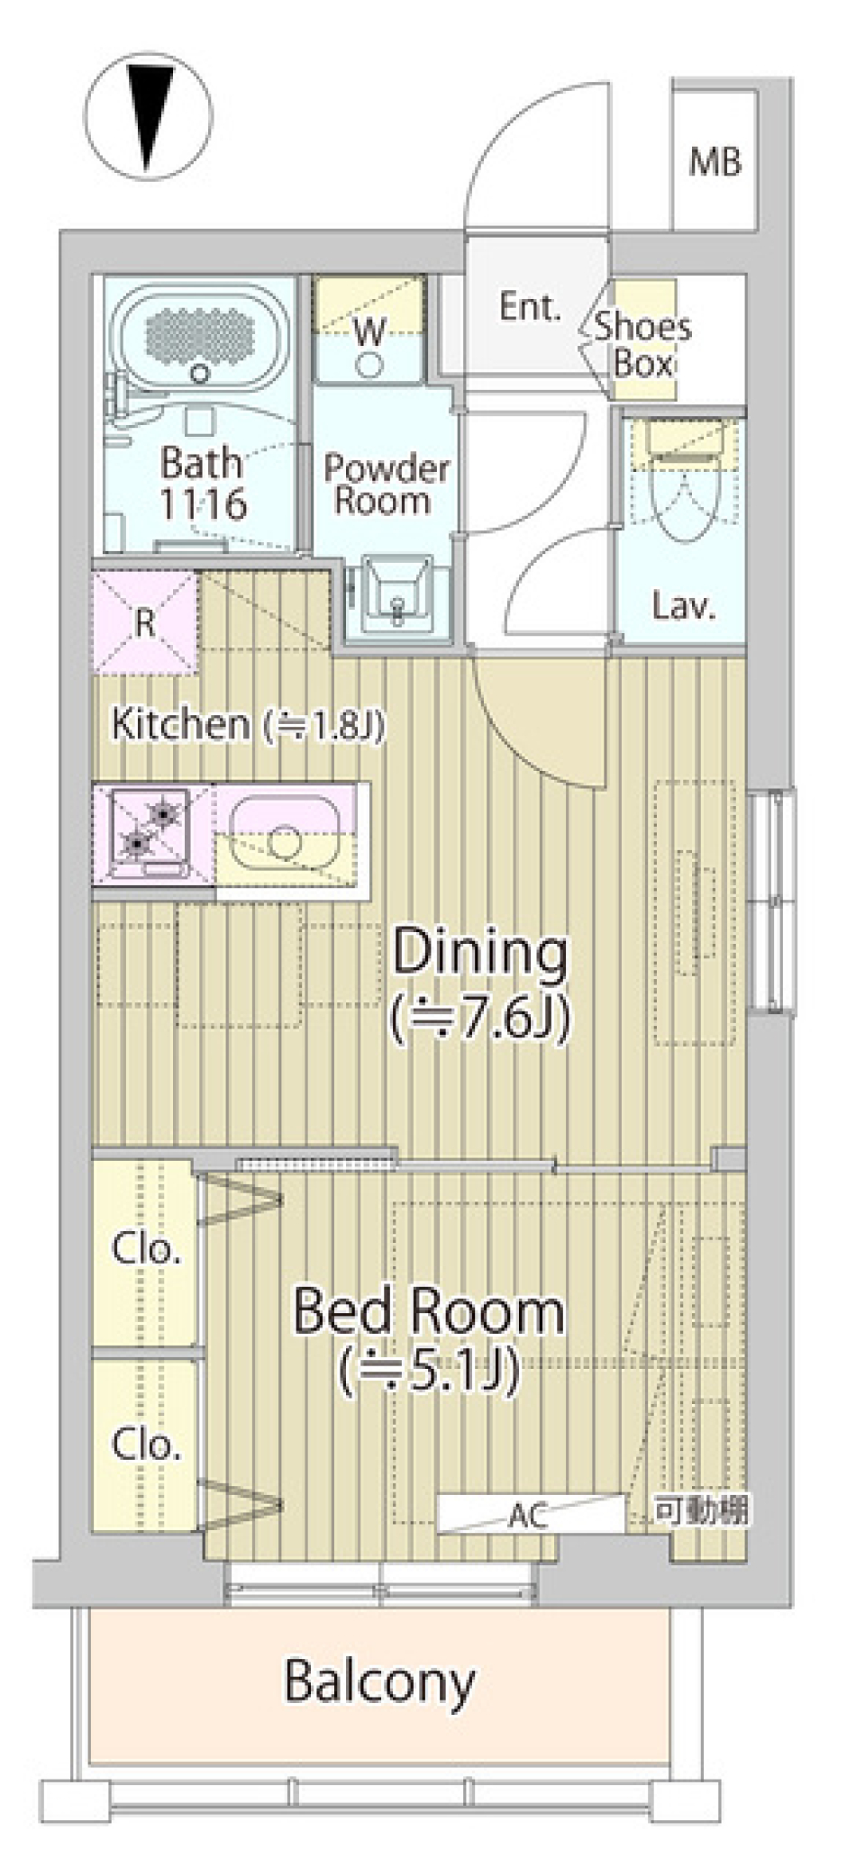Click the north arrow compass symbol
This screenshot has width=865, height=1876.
click(149, 115)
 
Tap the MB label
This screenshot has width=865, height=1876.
click(715, 162)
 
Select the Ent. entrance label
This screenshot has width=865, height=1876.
click(531, 307)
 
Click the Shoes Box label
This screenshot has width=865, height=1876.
click(642, 344)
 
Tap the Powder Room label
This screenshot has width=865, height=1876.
click(387, 484)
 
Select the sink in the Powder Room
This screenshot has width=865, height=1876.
click(397, 594)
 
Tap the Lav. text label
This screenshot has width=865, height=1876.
click(683, 606)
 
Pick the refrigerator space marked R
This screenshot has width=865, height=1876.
click(145, 622)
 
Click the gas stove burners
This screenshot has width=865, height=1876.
click(150, 831)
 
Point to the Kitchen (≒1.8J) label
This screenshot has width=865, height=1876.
click(248, 724)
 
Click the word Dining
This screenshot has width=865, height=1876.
click(480, 954)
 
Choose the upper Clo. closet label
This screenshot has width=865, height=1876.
click(146, 1248)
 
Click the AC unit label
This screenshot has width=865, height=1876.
click(528, 1516)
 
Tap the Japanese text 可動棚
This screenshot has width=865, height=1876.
click(701, 1509)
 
